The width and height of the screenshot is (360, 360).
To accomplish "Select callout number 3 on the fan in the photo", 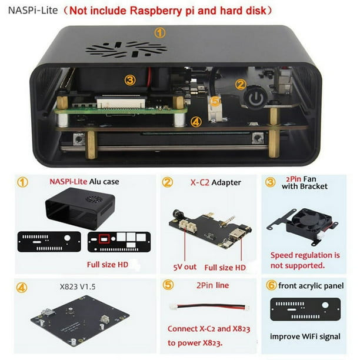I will [131, 79].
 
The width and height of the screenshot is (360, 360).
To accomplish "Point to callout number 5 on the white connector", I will [215, 102].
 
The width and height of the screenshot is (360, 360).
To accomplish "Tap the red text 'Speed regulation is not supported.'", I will [305, 261].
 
